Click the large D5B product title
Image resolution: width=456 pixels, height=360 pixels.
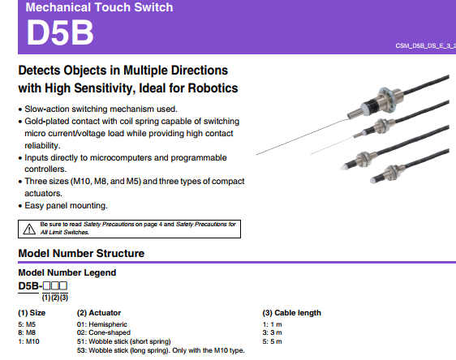tap(60, 32)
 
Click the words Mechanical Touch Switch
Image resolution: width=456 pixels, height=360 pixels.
tap(99, 7)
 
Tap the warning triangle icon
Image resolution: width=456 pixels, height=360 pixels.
tap(29, 229)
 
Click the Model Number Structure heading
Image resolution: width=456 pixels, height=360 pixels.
tap(81, 253)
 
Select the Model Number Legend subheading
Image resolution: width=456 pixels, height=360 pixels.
tap(67, 272)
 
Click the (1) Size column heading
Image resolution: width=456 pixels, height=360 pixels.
tap(32, 313)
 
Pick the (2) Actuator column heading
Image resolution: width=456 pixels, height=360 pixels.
tap(99, 313)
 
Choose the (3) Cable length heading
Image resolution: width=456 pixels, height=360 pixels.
tap(291, 313)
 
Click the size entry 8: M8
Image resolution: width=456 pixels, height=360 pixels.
tap(27, 332)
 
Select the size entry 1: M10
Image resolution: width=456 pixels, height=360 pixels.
tap(28, 341)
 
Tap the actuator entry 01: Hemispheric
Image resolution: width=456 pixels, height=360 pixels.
tap(102, 324)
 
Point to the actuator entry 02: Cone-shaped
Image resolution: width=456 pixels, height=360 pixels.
tap(104, 332)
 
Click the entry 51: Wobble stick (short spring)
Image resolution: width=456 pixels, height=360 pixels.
tap(124, 341)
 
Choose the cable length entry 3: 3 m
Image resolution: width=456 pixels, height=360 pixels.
tap(272, 332)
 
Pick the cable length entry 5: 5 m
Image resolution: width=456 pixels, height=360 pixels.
tap(272, 341)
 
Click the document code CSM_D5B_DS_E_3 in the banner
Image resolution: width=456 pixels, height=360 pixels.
tap(425, 46)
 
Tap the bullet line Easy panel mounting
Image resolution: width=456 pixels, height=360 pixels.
tap(66, 206)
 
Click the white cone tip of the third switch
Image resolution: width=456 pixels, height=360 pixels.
tap(344, 167)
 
